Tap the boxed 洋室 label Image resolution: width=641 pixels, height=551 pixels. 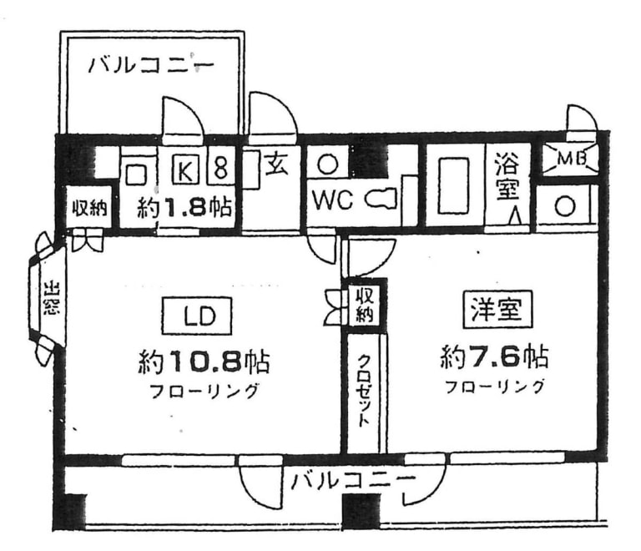pos(498,311)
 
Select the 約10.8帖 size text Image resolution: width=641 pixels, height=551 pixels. pos(203,361)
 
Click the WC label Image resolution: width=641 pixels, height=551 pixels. pos(334,200)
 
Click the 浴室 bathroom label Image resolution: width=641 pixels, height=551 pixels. pos(506,176)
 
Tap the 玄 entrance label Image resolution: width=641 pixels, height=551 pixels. pos(276,164)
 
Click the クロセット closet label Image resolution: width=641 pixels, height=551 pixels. pos(365,392)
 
